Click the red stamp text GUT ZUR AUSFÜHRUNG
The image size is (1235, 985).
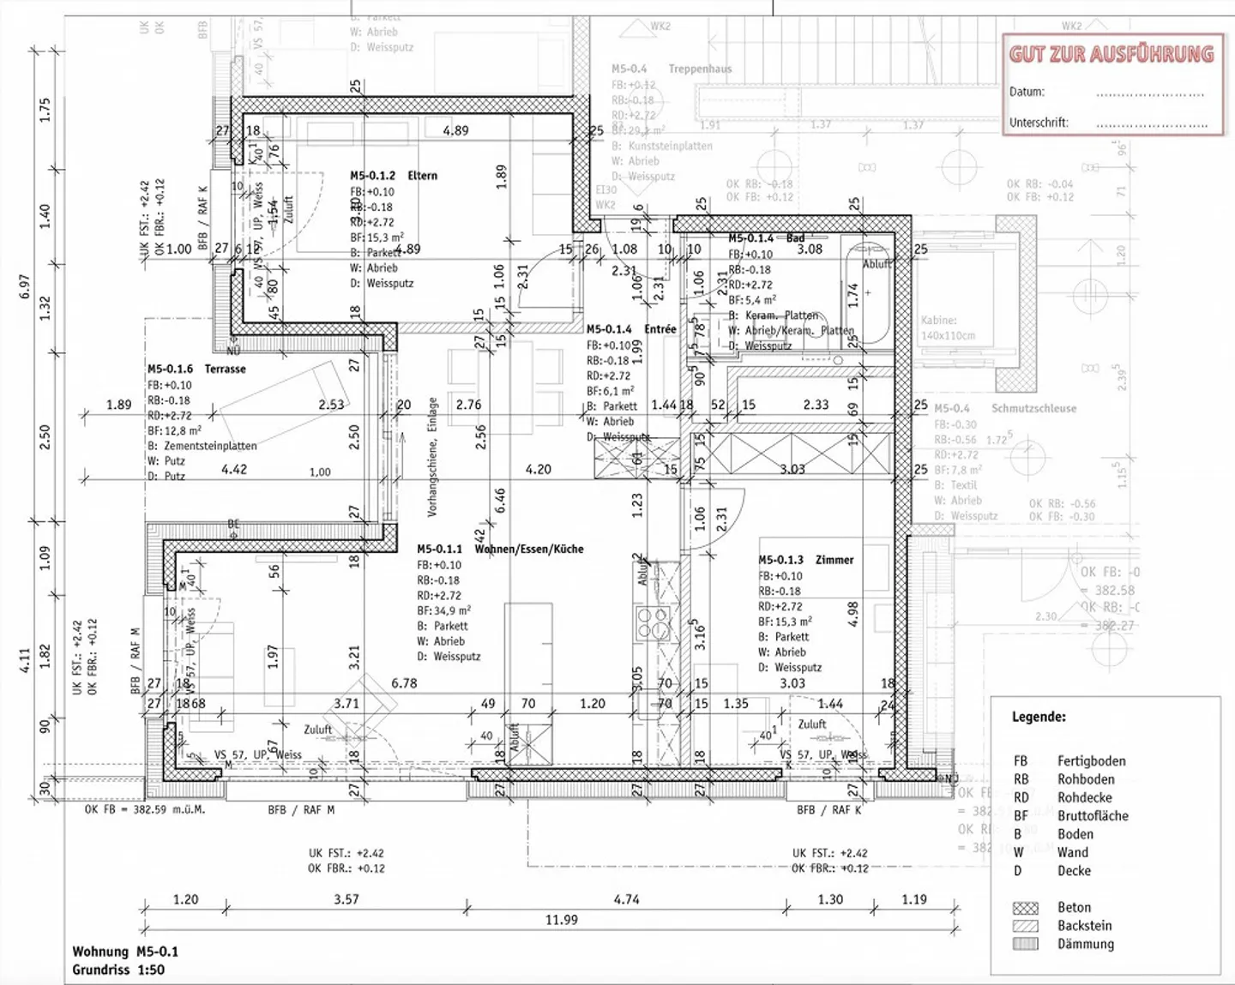tap(1111, 54)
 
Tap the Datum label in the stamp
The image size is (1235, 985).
tap(1027, 92)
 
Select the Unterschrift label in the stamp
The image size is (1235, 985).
tap(1039, 123)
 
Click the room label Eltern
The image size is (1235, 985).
tap(422, 176)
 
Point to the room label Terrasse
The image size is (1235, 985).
tap(225, 369)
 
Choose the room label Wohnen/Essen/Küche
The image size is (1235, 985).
tap(529, 549)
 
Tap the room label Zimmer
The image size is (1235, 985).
tap(834, 560)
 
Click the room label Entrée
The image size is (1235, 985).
tap(660, 329)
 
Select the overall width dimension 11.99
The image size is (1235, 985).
tap(562, 920)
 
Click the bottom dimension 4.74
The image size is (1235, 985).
tap(627, 899)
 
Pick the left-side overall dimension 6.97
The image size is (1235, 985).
tap(24, 287)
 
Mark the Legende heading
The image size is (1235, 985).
tap(1039, 717)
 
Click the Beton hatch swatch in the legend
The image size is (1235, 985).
tap(1025, 908)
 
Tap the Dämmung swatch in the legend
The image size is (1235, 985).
tap(1025, 944)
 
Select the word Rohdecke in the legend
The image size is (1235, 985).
tap(1084, 797)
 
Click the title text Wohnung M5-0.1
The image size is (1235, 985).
tap(125, 952)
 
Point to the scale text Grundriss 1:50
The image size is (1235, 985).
tap(118, 970)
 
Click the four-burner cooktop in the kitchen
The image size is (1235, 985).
tap(652, 623)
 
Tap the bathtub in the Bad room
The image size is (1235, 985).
tap(866, 291)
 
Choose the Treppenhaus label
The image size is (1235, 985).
tap(700, 69)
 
